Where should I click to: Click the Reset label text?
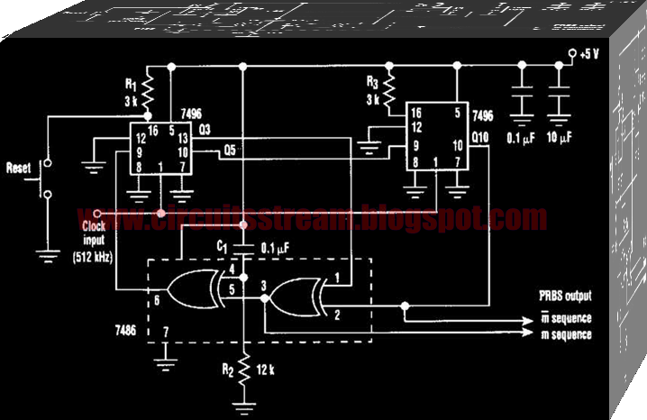tap(20, 168)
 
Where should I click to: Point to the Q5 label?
tap(231, 151)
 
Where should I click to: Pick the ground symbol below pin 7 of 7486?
tap(163, 363)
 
